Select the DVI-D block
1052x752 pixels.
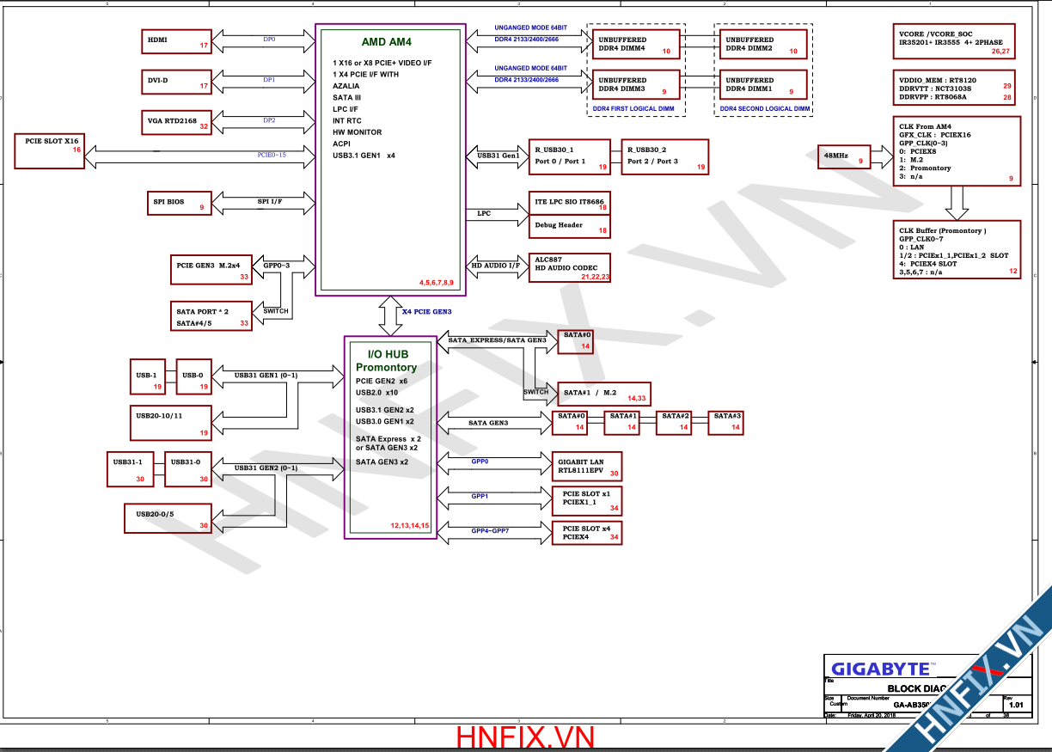coord(176,82)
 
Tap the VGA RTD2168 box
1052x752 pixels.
coord(176,122)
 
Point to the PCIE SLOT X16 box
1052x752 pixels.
coord(50,151)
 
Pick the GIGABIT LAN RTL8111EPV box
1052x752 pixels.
coord(589,467)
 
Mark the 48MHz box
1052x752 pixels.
coord(843,156)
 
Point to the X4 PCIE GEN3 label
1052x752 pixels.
coord(427,312)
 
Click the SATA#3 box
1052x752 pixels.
coord(727,421)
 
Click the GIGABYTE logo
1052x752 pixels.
coord(880,669)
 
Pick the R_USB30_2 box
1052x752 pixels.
coord(664,156)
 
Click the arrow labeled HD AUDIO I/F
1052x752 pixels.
coord(496,266)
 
